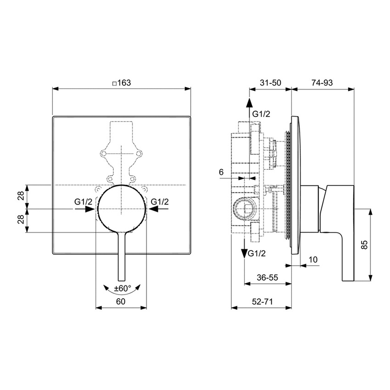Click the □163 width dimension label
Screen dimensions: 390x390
coord(122,83)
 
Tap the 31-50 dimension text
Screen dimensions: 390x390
coord(270,83)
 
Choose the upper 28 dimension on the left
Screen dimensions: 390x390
coord(21,196)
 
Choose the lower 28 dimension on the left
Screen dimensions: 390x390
coord(21,220)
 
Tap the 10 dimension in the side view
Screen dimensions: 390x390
coord(313,260)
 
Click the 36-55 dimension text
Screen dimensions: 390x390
coord(267,278)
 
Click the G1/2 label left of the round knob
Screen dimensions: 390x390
coord(84,201)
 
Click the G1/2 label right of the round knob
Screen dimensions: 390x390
coord(160,201)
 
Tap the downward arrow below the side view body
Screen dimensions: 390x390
coord(244,252)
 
